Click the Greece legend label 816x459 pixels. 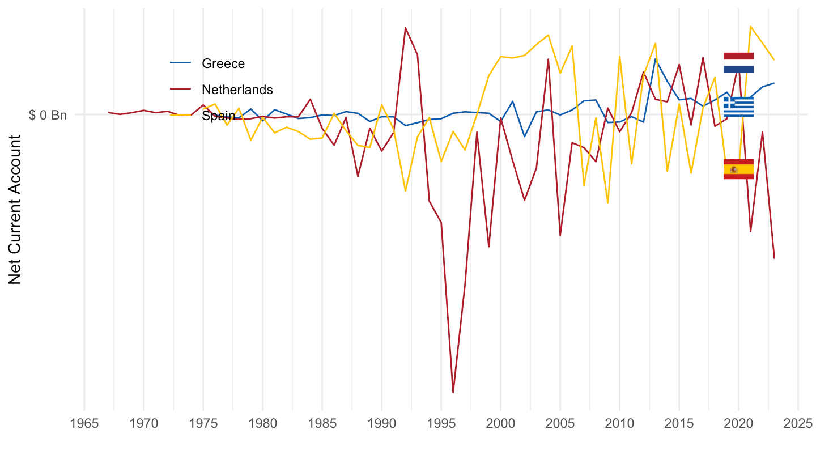[x=223, y=63]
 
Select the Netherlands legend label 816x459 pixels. [x=237, y=90]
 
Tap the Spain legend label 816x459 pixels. [x=218, y=116]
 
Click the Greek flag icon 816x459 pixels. [x=738, y=107]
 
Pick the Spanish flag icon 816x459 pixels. [x=738, y=169]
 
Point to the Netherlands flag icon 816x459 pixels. [x=738, y=62]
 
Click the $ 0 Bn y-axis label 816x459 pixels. [x=48, y=115]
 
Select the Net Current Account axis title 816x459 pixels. [x=15, y=210]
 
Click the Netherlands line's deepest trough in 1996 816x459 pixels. [x=453, y=392]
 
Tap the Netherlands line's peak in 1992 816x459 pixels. [x=405, y=28]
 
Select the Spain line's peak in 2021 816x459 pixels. [x=751, y=27]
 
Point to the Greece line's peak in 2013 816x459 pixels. [x=655, y=59]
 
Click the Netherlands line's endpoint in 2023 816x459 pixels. [x=774, y=258]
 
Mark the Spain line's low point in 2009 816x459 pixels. [x=607, y=203]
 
